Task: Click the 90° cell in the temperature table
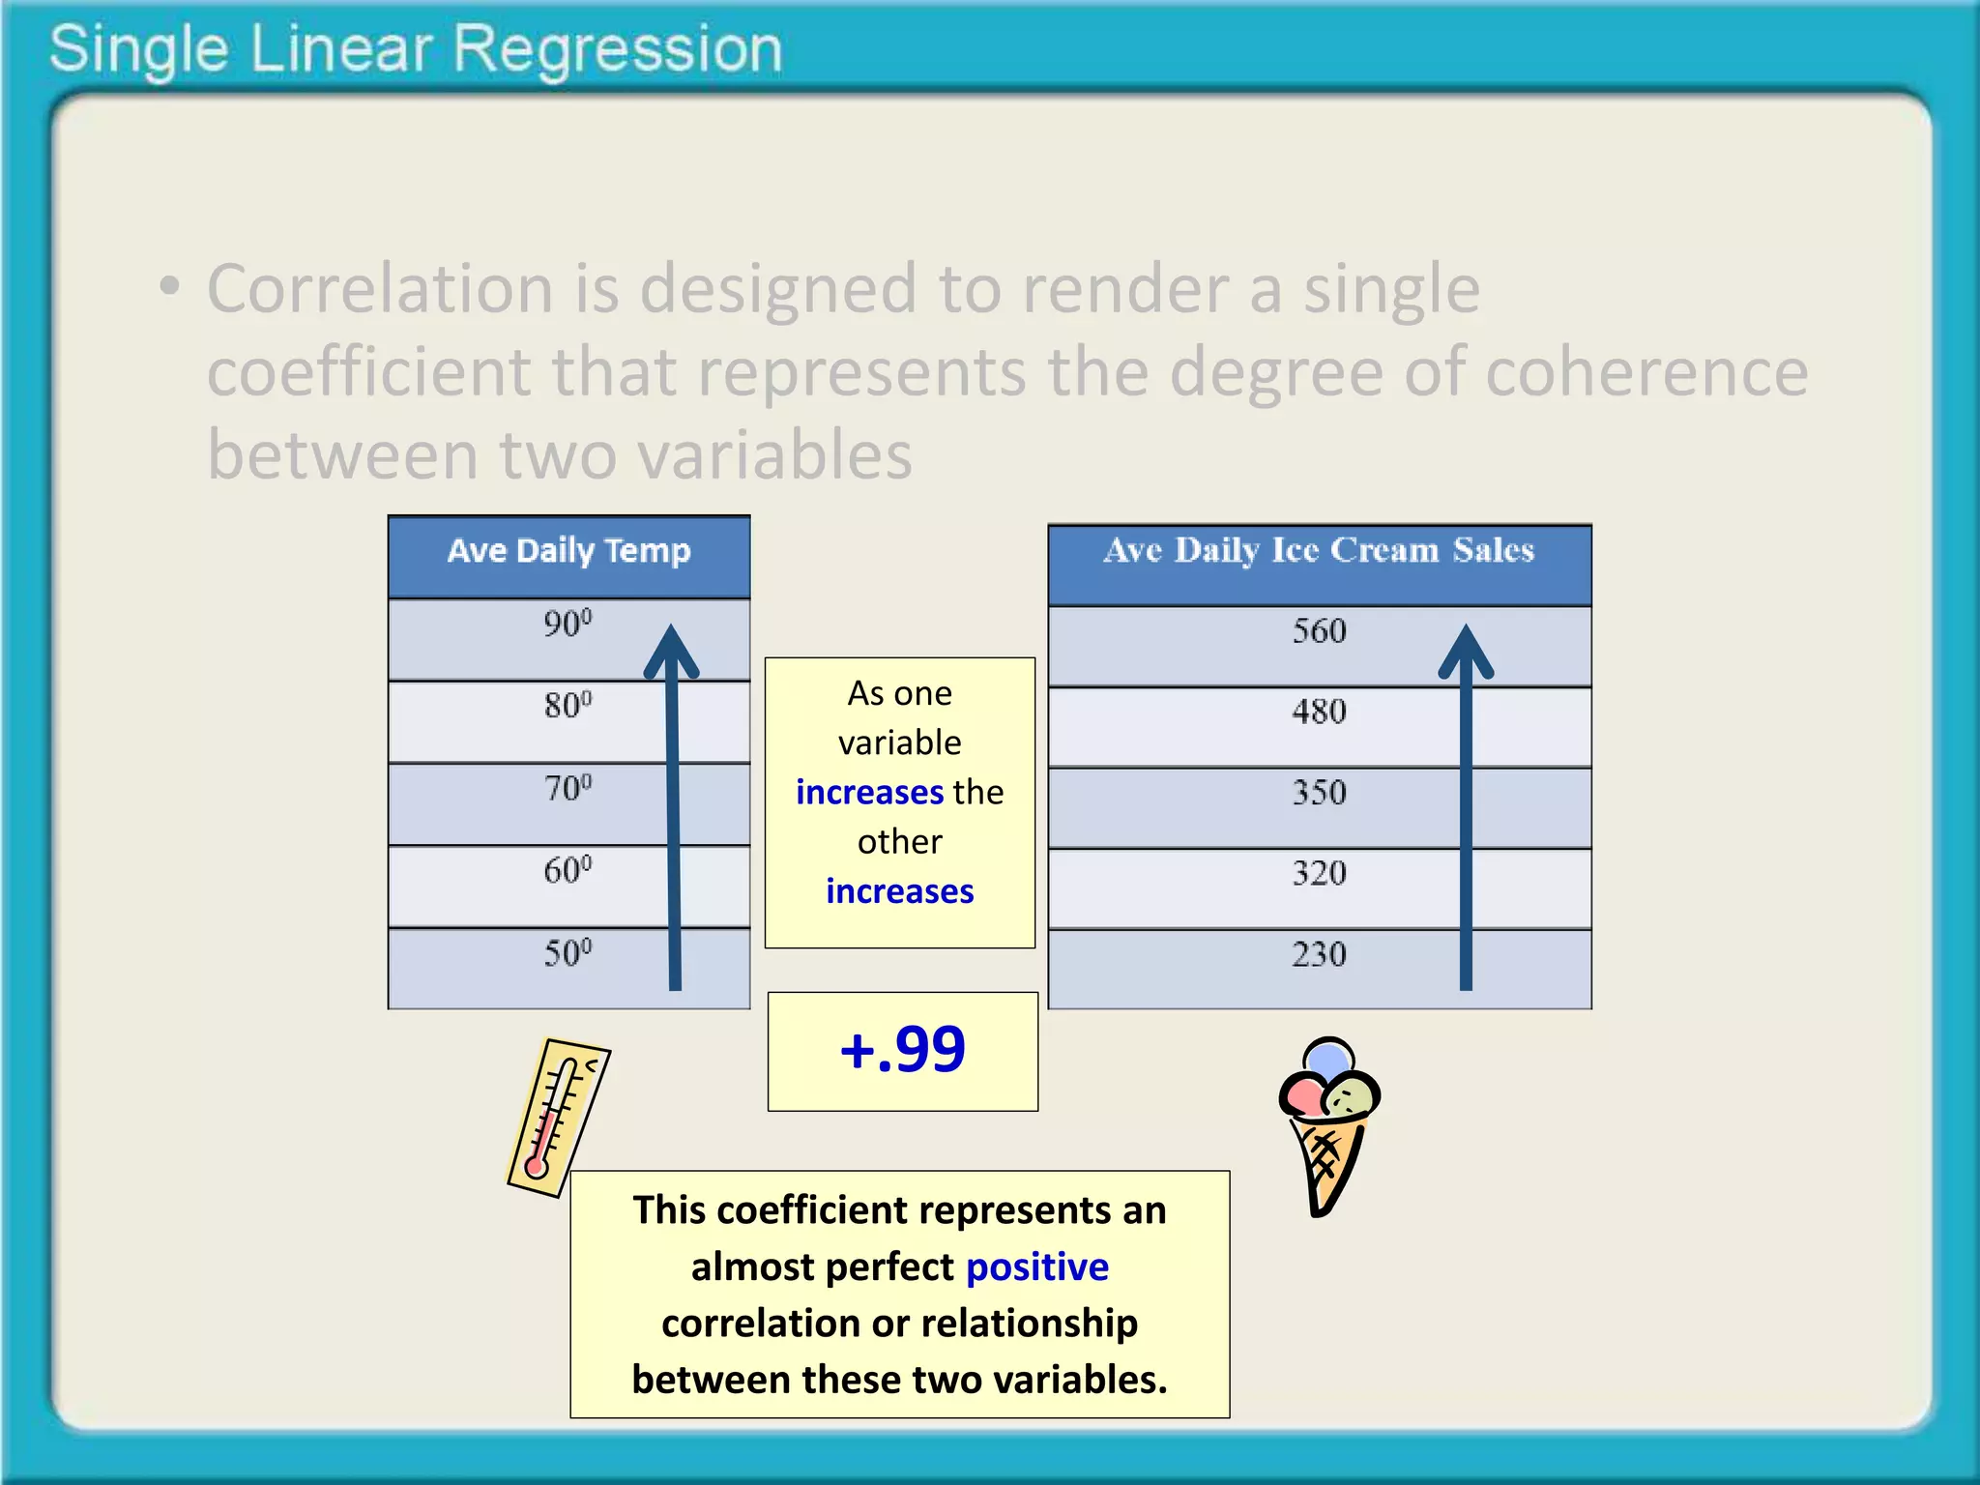click(568, 625)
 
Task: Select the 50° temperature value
click(568, 954)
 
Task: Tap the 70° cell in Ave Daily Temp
click(568, 789)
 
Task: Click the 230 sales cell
click(1319, 955)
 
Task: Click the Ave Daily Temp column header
click(568, 551)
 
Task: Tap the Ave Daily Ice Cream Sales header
click(1319, 551)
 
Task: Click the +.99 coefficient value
click(902, 1050)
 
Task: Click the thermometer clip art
click(558, 1118)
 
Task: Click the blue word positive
click(1036, 1267)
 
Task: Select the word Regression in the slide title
click(617, 50)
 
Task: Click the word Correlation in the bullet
click(379, 289)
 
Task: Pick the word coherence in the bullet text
click(1645, 372)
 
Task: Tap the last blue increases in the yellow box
click(899, 891)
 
